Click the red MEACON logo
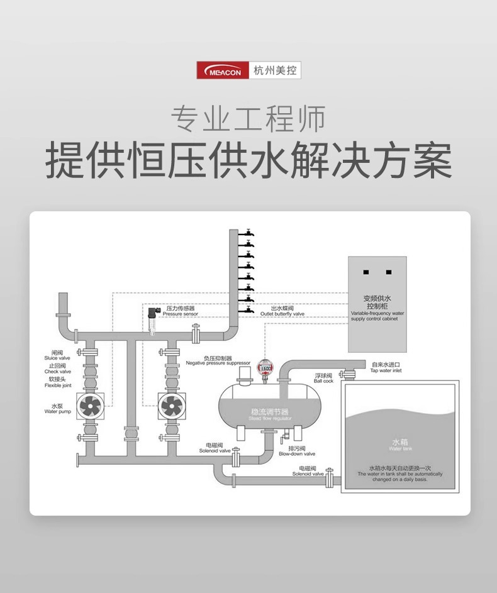[x=223, y=70]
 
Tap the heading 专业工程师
[x=248, y=118]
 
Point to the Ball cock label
[x=323, y=378]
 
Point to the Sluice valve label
[x=57, y=355]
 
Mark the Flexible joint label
[x=58, y=383]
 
